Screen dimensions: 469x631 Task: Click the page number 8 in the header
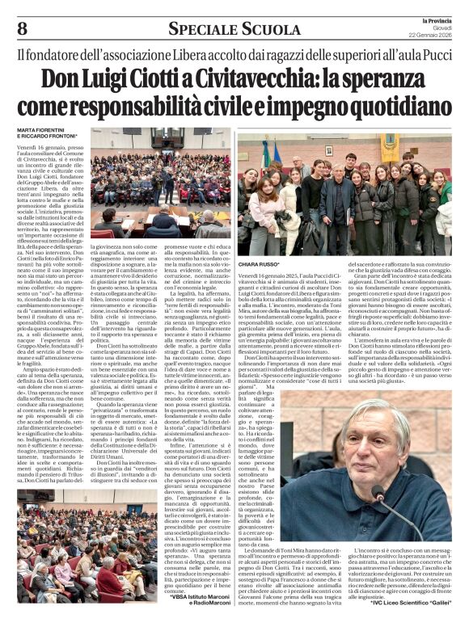(x=22, y=29)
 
